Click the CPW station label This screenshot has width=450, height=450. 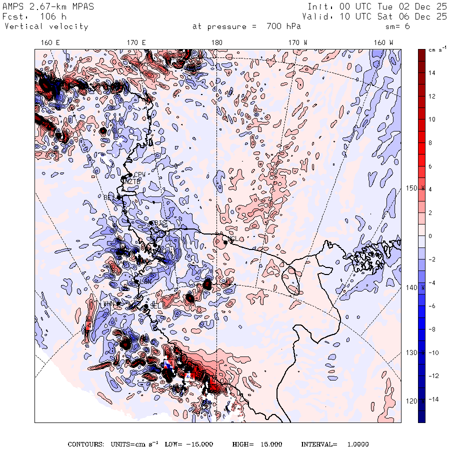tap(139, 174)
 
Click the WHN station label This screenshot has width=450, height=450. tap(108, 304)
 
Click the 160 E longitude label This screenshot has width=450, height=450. tap(49, 42)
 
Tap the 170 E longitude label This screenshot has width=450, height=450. tap(136, 42)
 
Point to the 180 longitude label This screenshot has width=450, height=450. tap(216, 42)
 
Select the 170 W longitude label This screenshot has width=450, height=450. tap(298, 42)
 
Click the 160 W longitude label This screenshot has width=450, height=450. tap(383, 42)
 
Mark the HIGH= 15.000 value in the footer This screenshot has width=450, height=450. tap(257, 444)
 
